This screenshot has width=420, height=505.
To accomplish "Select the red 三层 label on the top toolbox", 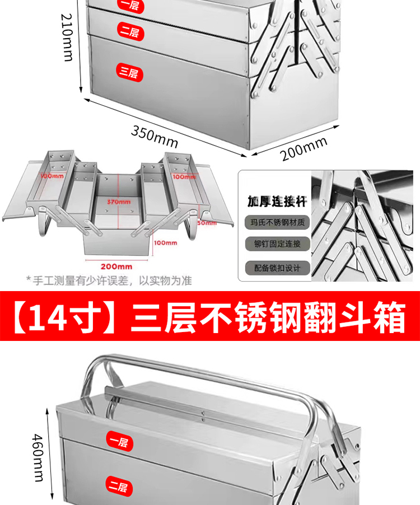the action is pyautogui.click(x=129, y=71).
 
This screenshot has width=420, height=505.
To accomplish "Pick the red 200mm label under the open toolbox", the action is pyautogui.click(x=117, y=266).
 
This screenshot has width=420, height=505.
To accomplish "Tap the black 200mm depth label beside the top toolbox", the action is pyautogui.click(x=304, y=149).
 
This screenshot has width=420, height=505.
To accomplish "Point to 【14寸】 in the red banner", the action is pyautogui.click(x=66, y=319).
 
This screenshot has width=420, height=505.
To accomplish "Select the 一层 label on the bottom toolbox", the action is pyautogui.click(x=118, y=442).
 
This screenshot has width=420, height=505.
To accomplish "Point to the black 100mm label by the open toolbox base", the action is pyautogui.click(x=166, y=242).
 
